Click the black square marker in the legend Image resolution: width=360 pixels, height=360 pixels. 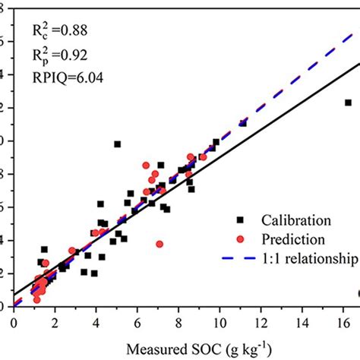point(241,220)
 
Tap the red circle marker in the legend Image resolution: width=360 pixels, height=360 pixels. point(241,239)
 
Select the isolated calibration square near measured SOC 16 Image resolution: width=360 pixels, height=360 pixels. point(348,103)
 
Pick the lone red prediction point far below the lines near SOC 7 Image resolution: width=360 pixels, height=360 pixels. point(159,244)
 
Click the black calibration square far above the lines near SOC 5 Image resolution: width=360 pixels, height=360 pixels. point(118,144)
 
